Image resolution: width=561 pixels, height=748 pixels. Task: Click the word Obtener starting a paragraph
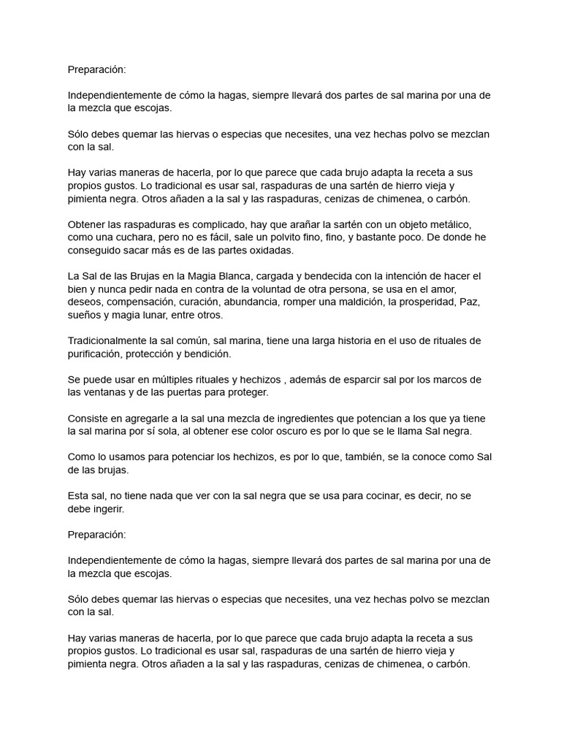point(88,224)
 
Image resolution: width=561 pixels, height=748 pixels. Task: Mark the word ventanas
point(110,392)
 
